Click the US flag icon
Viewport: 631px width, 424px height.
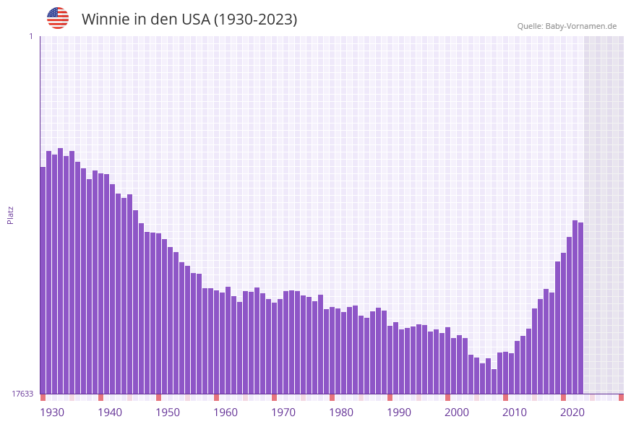click(x=58, y=18)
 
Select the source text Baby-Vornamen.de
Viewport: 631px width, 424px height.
click(x=581, y=26)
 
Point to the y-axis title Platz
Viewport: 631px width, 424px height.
click(x=10, y=215)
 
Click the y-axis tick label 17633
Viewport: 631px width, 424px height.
click(x=22, y=394)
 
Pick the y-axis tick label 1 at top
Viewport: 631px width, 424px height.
click(x=30, y=36)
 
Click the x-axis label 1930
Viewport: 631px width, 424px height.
click(x=52, y=412)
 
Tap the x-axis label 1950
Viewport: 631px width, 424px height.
click(x=168, y=412)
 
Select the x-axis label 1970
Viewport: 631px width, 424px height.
click(x=283, y=412)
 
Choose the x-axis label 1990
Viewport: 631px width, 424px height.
click(x=399, y=412)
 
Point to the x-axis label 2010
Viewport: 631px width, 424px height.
click(x=515, y=412)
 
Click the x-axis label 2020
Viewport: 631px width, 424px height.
click(x=572, y=412)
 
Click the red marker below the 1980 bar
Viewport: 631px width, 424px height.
click(x=332, y=397)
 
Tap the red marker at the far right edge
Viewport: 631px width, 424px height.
click(x=621, y=397)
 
